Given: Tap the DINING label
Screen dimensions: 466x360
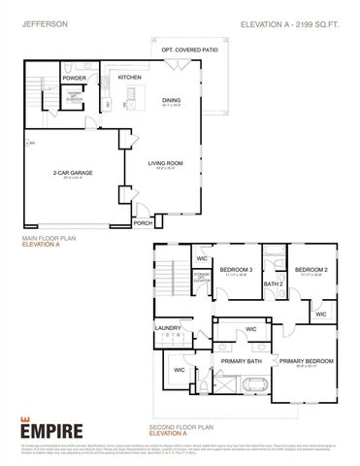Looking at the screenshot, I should point(171,99).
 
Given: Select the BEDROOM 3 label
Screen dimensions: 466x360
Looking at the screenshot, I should point(236,269).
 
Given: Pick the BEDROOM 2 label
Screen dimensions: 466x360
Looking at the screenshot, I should point(311,269).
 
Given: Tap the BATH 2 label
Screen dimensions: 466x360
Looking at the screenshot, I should point(273,283).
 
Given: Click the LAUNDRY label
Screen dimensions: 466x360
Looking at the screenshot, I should point(167,328).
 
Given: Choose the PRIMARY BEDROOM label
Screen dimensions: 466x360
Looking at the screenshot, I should point(307,361).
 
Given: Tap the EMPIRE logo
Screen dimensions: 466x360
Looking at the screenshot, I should point(50,427).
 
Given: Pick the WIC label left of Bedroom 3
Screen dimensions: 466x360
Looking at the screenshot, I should point(202,259).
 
